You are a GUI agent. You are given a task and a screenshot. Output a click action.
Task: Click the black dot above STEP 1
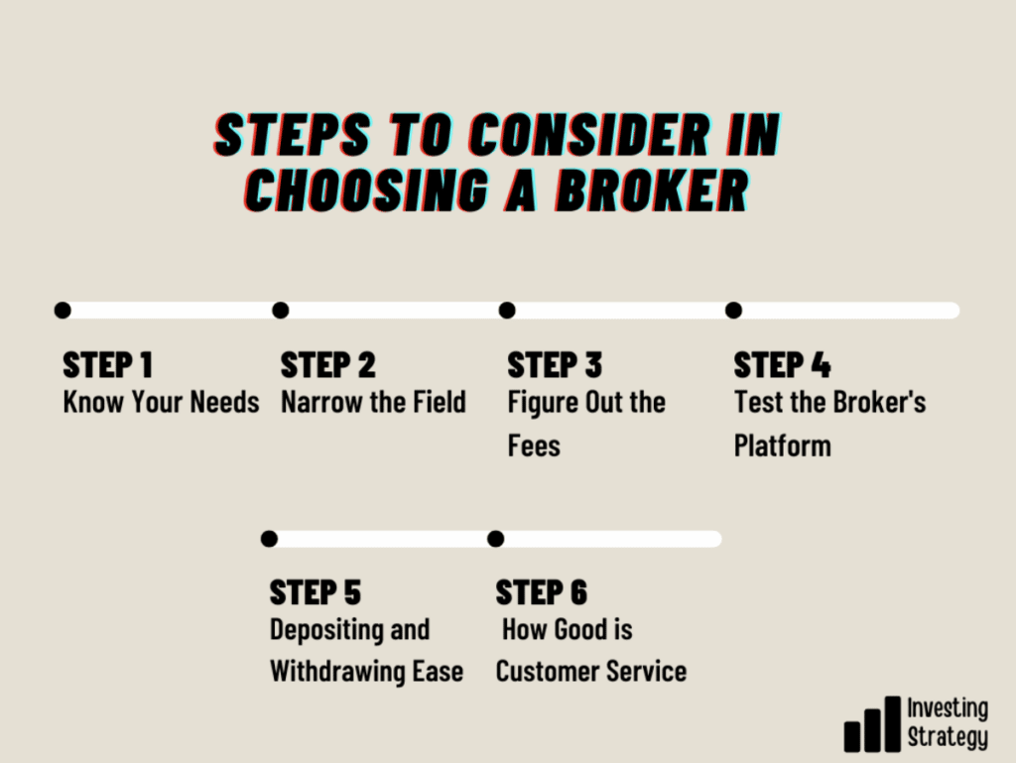[x=63, y=311]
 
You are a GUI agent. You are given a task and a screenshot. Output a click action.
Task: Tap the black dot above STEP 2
[x=281, y=311]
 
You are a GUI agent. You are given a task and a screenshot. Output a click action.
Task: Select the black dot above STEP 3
[x=507, y=311]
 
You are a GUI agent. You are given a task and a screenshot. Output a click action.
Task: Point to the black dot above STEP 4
[x=733, y=311]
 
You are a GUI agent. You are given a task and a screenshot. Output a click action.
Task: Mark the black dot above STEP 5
[x=269, y=538]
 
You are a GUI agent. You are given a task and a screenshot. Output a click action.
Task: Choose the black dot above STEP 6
[x=496, y=538]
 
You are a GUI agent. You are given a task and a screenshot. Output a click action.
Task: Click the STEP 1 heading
[x=107, y=365]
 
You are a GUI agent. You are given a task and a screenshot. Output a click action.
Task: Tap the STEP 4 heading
[x=782, y=365]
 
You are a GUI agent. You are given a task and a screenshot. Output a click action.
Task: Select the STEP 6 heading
[x=542, y=592]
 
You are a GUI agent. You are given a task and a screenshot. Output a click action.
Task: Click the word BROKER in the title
[x=653, y=191]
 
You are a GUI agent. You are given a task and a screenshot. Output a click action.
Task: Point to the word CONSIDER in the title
[x=589, y=135]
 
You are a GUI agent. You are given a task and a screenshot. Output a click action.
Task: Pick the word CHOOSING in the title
[x=367, y=191]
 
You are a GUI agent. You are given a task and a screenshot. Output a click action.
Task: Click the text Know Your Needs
[x=162, y=402]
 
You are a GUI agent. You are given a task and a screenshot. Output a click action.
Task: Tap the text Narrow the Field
[x=373, y=402]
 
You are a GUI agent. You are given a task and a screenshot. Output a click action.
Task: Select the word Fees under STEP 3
[x=534, y=446]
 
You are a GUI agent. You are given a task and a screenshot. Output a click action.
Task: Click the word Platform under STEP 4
[x=783, y=446]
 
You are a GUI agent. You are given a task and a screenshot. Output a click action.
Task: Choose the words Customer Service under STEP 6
[x=591, y=672]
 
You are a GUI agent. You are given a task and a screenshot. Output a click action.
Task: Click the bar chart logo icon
[x=872, y=724]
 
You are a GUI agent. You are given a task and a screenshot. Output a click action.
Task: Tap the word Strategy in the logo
[x=948, y=737]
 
